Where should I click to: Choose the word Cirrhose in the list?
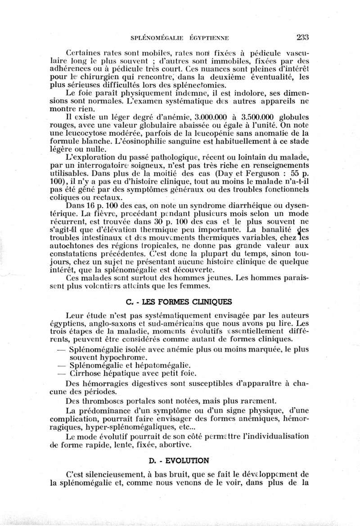(x=88, y=373)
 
